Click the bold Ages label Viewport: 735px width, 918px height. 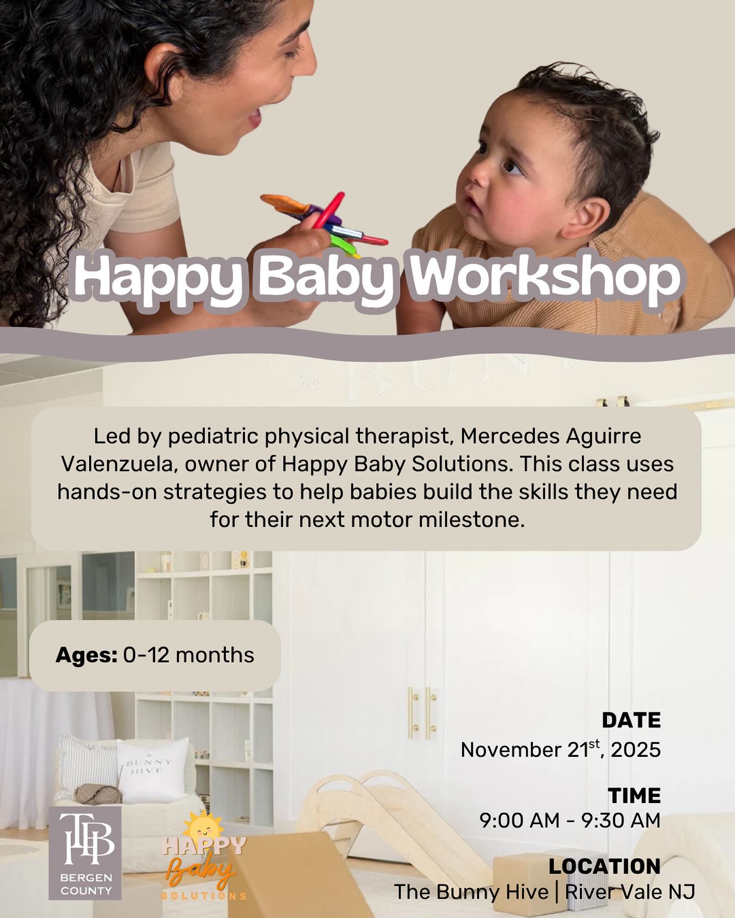click(87, 655)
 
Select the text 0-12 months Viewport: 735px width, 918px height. click(188, 655)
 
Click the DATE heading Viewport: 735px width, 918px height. click(630, 720)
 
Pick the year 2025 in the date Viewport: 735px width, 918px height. click(635, 750)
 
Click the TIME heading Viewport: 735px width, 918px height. click(634, 796)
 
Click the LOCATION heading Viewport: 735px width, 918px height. click(604, 866)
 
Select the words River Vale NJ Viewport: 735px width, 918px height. click(630, 892)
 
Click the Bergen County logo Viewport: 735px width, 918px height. click(85, 853)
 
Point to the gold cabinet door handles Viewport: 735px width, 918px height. click(422, 712)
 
